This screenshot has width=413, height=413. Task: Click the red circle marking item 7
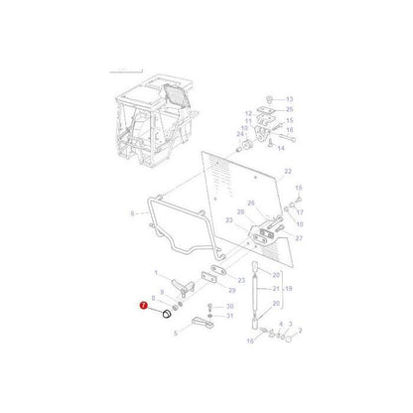(144, 309)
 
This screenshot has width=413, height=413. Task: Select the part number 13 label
(289, 99)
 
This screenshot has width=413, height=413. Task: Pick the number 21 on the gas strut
(277, 289)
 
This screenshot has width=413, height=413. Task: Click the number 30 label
(229, 306)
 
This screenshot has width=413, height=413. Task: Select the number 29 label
(230, 289)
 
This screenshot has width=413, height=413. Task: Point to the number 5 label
(176, 334)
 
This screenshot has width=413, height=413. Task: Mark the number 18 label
(249, 339)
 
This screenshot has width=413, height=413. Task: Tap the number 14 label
(281, 147)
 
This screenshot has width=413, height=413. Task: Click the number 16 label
(289, 129)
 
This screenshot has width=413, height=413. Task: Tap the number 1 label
(155, 272)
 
